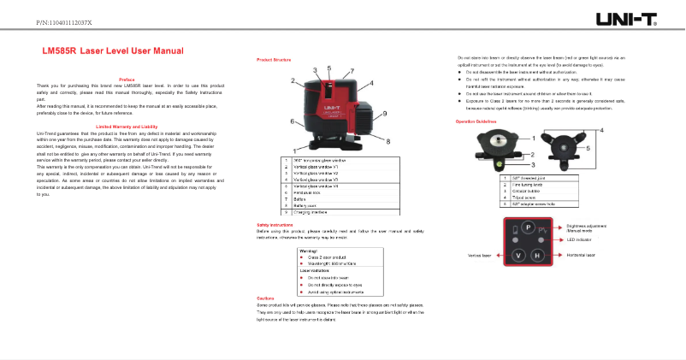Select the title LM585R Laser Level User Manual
pos(114,52)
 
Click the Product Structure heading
pos(275,60)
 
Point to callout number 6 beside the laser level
pos(293,122)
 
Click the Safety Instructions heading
pos(275,224)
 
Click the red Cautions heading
pos(265,298)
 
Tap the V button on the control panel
pos(517,256)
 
